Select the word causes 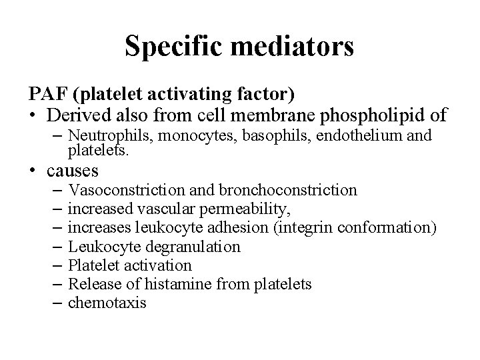pyautogui.click(x=73, y=171)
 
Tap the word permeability pyautogui.click(x=239, y=209)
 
